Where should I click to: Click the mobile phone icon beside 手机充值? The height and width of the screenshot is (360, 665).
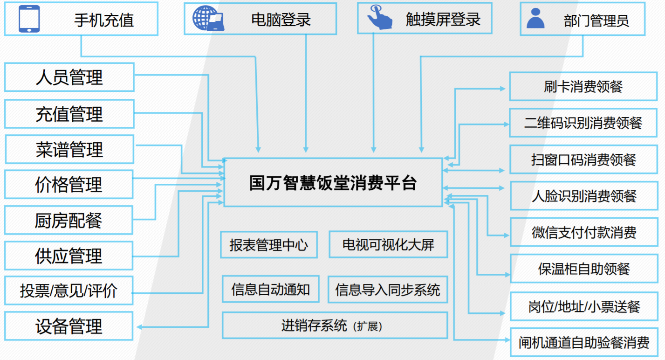pos(29,19)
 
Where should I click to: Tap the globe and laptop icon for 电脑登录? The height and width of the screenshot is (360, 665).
pos(208,19)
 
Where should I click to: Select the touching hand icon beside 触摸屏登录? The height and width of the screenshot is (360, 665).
pos(379,18)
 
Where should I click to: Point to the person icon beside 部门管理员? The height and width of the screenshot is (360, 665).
pos(535,18)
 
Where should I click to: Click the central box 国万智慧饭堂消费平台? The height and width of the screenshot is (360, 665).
pos(333,182)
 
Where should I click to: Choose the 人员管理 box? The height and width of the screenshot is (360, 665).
pos(69,77)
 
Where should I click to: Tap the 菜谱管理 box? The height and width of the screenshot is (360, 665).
pos(69,150)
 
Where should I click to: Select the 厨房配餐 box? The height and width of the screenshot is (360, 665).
pos(69,221)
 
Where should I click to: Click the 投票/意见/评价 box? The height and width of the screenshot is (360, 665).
pos(69,291)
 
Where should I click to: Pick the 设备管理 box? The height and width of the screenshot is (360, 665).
pos(69,326)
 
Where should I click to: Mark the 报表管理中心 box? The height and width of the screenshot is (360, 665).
pos(269,245)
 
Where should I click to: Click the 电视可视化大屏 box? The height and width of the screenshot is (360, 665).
pos(388,245)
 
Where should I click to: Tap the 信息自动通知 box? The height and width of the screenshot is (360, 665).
pos(270,289)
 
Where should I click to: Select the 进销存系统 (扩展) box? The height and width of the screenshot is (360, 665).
pos(334,325)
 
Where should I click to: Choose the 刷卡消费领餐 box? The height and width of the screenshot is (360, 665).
pos(583,87)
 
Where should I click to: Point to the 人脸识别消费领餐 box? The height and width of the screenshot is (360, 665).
pos(584,196)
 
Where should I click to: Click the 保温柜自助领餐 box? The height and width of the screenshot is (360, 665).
pos(584,269)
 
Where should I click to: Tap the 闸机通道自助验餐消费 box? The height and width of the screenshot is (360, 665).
pos(584,343)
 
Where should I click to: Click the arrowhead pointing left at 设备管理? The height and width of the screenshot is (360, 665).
pos(139,327)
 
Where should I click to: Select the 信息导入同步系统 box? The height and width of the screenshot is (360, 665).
pos(388,290)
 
